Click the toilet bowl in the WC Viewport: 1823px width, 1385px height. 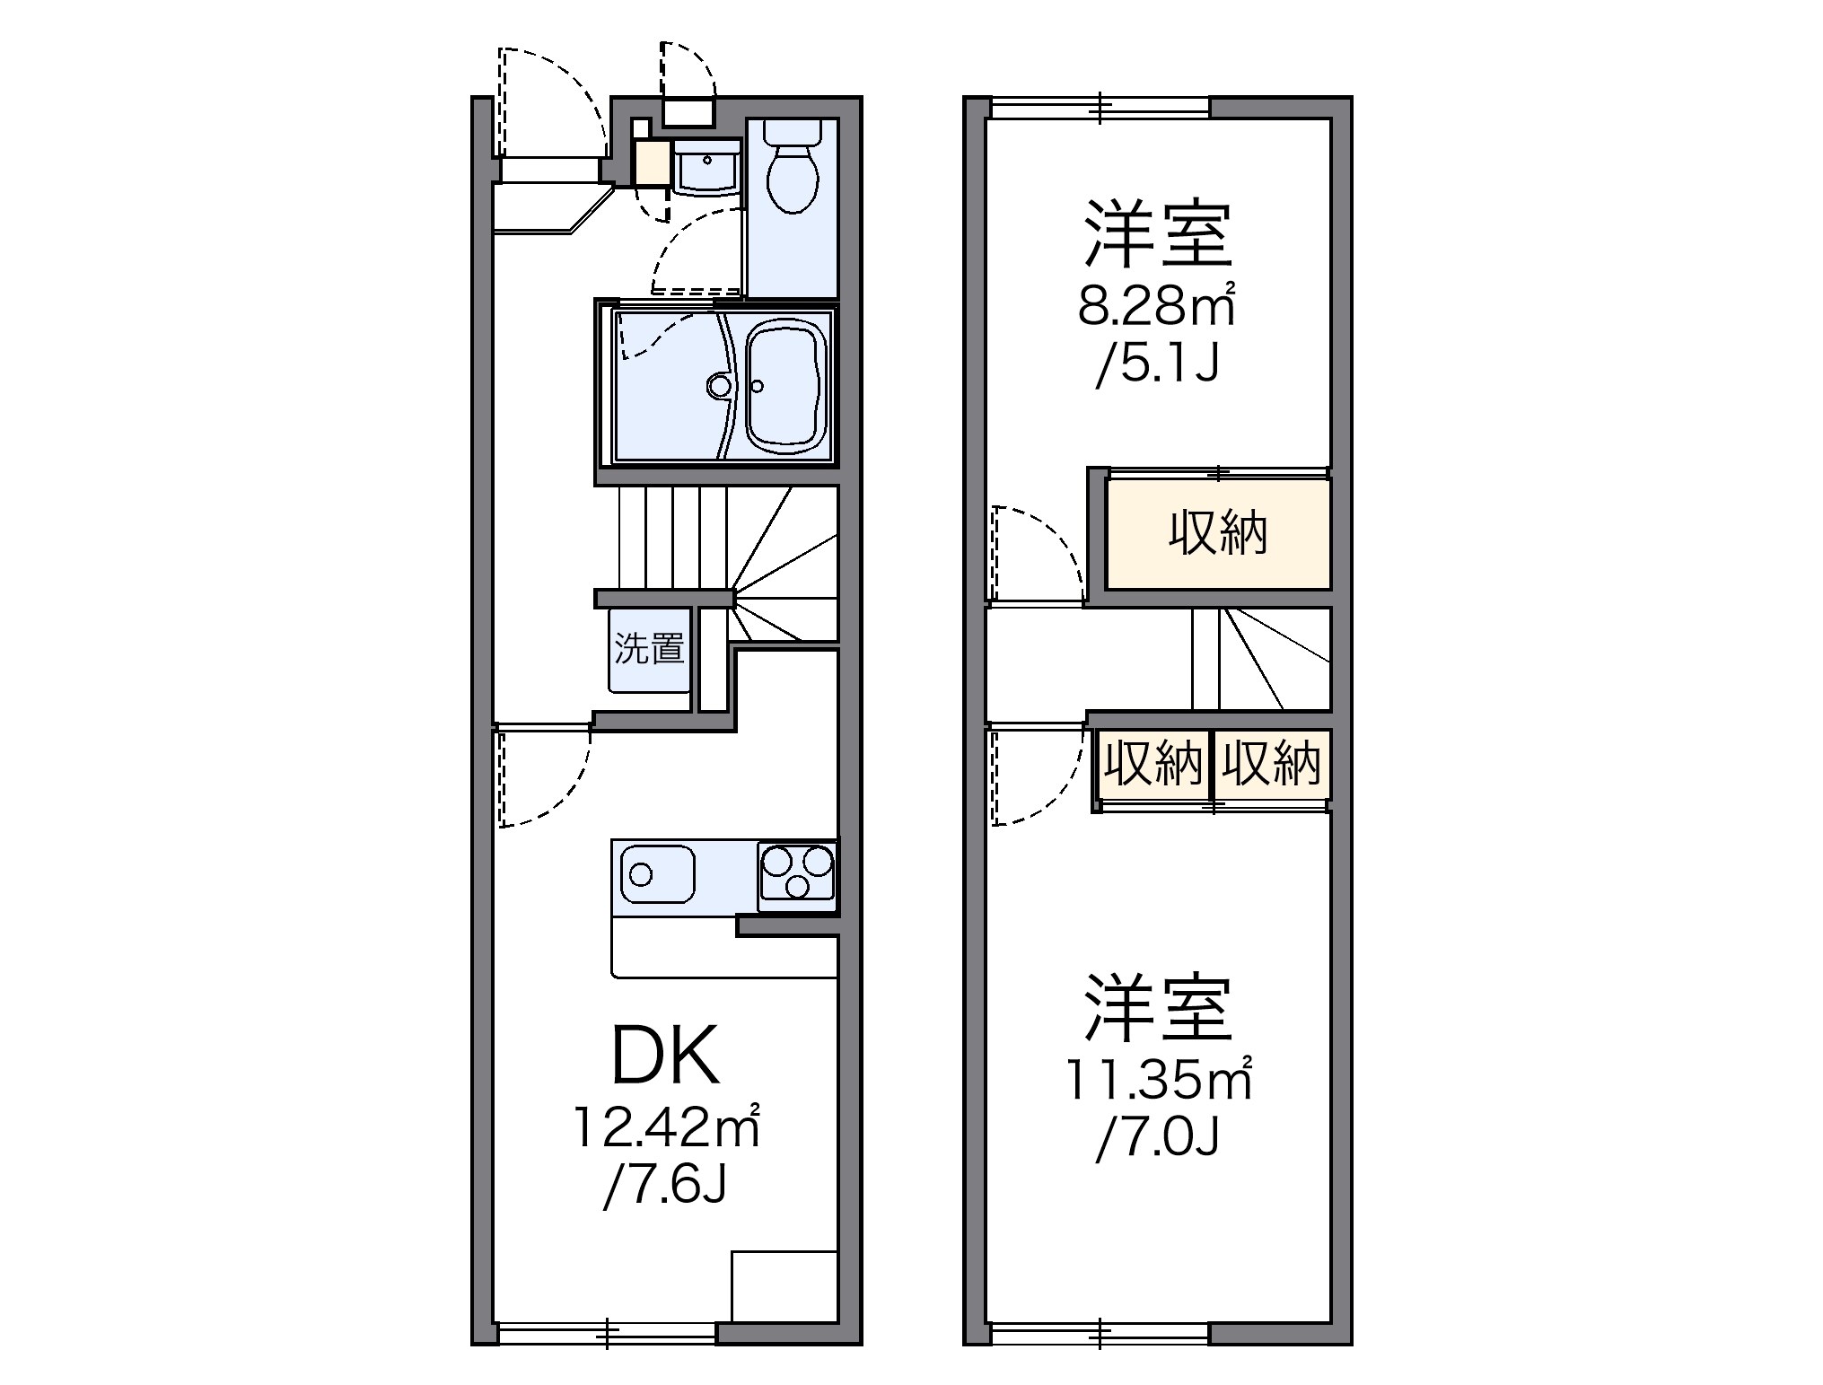[x=793, y=180]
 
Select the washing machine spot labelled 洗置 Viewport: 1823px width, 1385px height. [x=650, y=650]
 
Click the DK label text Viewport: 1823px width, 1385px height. [x=664, y=1057]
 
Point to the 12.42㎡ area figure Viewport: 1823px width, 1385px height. [x=666, y=1128]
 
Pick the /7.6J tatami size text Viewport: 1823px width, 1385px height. [x=664, y=1185]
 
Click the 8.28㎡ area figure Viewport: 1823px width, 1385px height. [x=1156, y=307]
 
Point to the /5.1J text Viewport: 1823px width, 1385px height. [x=1156, y=364]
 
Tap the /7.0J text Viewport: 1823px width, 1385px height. [x=1156, y=1138]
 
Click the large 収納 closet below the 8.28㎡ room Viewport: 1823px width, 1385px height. [x=1217, y=534]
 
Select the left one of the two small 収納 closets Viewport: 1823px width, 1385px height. [x=1153, y=764]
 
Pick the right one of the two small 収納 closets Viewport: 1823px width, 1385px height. [x=1271, y=764]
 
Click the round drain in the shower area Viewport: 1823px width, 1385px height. [x=719, y=386]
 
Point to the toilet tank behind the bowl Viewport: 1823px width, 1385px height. [x=793, y=132]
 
